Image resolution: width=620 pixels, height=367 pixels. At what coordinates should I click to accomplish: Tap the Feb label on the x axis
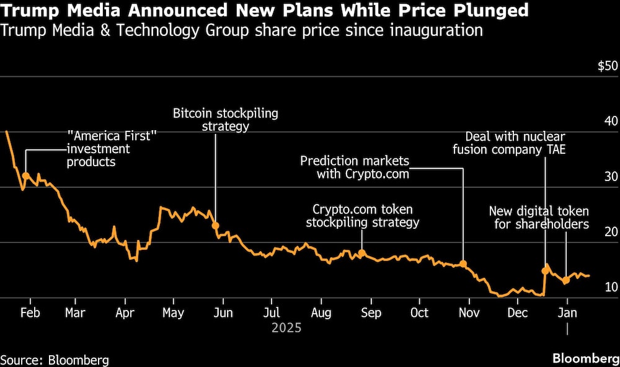point(30,312)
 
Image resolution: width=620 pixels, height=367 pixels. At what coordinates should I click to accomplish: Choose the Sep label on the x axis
point(371,312)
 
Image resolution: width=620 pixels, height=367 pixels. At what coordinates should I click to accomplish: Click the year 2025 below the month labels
point(286,327)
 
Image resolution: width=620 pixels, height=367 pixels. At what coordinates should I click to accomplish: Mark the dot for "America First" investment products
point(26,175)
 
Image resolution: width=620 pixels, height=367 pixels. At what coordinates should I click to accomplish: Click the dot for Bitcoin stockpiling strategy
point(216,226)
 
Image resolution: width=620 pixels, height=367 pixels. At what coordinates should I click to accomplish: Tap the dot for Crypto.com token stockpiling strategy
point(362,253)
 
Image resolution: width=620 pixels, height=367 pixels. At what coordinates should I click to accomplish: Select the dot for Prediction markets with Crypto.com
point(463,263)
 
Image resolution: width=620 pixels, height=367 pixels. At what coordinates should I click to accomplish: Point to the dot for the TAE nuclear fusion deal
point(546,270)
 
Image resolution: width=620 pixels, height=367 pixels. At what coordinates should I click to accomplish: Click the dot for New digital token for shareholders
point(565,280)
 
